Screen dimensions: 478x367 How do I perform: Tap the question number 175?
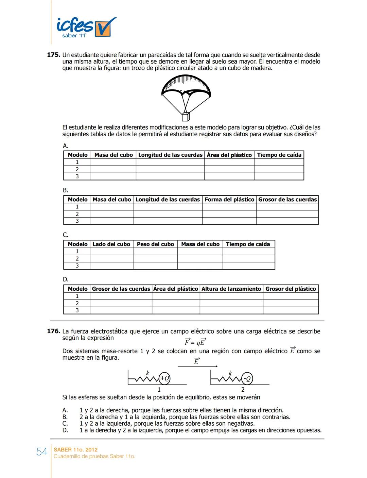(x=53, y=55)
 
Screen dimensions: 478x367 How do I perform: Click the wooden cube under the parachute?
(x=186, y=117)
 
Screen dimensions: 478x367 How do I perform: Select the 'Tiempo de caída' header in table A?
(x=279, y=155)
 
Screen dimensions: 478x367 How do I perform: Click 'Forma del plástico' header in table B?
(x=229, y=200)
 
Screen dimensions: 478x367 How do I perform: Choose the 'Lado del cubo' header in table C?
(x=111, y=244)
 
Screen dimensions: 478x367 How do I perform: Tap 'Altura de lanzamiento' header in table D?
(x=231, y=289)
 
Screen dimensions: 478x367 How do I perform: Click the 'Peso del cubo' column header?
(x=155, y=244)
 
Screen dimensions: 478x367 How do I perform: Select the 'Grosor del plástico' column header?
(x=291, y=289)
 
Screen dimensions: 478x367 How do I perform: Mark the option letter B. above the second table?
(x=65, y=190)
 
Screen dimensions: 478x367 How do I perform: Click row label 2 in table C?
(x=77, y=259)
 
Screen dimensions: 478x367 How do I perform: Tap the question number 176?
(x=53, y=331)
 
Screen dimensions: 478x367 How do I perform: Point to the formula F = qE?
(x=195, y=342)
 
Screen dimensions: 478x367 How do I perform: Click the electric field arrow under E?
(x=197, y=366)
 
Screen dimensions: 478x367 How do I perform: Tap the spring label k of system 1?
(x=147, y=373)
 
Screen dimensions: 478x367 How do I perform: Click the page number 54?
(x=41, y=452)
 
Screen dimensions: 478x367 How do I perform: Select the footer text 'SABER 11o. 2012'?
(x=75, y=449)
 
